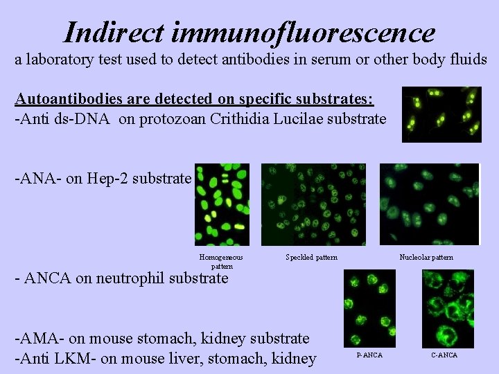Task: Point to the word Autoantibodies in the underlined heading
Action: click(68, 98)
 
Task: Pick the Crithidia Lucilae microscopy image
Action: click(441, 114)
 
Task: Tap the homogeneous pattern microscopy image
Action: click(222, 204)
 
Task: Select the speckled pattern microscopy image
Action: click(313, 204)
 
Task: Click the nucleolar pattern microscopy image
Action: click(430, 204)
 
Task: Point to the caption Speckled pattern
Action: click(311, 258)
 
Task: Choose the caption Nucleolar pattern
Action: click(426, 258)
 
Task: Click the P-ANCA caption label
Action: click(369, 355)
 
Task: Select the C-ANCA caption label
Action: click(444, 355)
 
